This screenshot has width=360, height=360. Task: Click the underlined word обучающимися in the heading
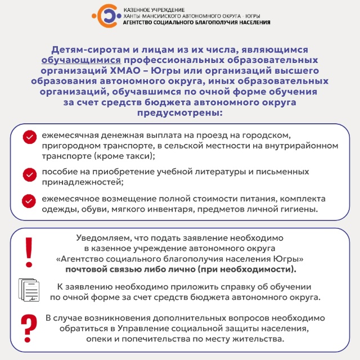(81, 59)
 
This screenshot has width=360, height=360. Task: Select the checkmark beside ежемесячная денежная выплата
(29, 137)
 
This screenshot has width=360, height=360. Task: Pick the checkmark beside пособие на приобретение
(29, 174)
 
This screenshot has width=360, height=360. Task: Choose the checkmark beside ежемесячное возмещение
(29, 201)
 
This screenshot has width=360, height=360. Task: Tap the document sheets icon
(30, 290)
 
